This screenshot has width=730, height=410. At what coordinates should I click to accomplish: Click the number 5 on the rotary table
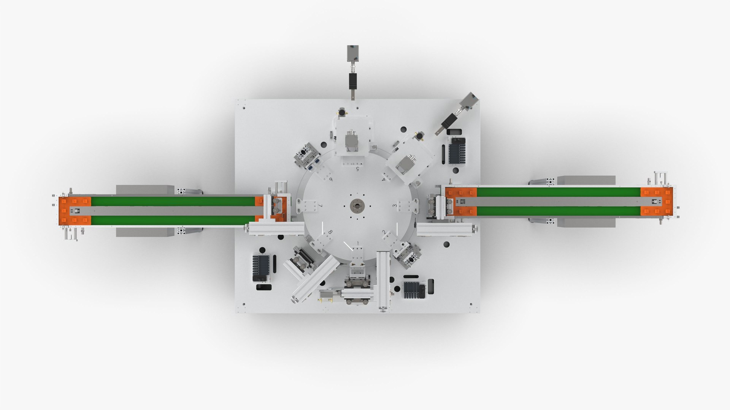click(x=357, y=169)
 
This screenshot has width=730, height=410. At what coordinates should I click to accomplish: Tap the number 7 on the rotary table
click(x=321, y=206)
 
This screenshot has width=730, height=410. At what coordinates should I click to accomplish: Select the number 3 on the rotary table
click(x=395, y=206)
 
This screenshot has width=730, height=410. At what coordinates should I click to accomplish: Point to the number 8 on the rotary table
click(x=330, y=232)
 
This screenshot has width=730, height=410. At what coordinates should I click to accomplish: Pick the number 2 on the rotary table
click(x=384, y=232)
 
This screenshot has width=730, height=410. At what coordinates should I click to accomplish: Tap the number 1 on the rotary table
click(x=357, y=243)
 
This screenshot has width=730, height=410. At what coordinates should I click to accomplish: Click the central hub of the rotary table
click(x=357, y=206)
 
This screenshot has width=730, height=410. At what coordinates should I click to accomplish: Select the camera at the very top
click(x=353, y=53)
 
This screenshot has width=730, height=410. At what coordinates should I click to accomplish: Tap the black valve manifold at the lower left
click(x=261, y=268)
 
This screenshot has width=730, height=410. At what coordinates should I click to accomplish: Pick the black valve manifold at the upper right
click(x=457, y=150)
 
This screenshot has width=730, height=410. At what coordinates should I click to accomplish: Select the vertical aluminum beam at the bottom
click(x=383, y=281)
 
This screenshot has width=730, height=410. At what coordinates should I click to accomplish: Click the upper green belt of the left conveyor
click(x=173, y=201)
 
